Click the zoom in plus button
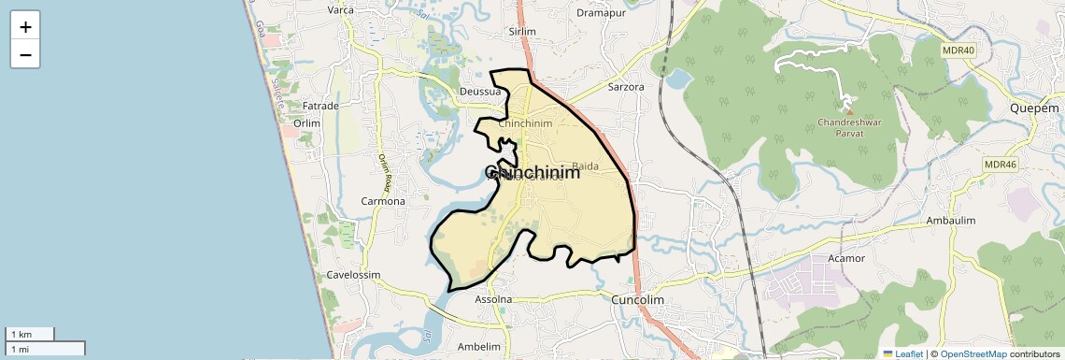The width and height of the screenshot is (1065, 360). point(25,27)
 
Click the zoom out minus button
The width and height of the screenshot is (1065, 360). point(25,55)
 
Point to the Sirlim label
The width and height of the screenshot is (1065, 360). point(521,31)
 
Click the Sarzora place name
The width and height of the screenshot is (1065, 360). point(626,87)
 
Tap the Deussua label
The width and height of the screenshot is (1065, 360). point(481,92)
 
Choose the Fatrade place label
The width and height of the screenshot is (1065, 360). point(320,107)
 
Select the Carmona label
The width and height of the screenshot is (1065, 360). point(384,201)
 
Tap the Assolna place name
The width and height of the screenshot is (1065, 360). point(494,299)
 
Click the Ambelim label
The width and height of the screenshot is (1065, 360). point(480,345)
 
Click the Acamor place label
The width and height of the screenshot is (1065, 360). point(847,257)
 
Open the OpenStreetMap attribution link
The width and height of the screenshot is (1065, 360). point(973,354)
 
